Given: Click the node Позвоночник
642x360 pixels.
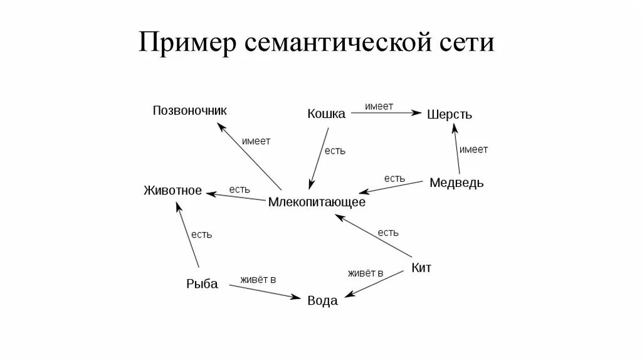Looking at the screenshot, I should [190, 111].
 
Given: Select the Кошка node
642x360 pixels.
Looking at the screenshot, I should [326, 114].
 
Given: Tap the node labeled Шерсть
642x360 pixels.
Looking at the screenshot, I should [450, 115].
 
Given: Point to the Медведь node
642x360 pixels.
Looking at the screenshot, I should [456, 183].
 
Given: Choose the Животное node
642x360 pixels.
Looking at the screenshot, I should [172, 190].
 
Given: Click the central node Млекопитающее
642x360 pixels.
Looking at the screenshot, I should [317, 203].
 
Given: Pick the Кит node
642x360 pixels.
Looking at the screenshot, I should [421, 268].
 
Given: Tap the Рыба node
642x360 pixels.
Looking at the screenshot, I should [202, 284].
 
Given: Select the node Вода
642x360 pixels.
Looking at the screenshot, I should [322, 301].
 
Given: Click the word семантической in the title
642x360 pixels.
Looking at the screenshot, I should [337, 45].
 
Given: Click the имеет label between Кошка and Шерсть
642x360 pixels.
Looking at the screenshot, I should [379, 107].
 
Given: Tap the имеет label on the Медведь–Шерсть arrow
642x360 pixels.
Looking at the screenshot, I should [473, 149].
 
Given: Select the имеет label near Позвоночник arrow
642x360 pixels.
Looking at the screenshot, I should [256, 141].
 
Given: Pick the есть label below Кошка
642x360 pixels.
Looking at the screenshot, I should [335, 151].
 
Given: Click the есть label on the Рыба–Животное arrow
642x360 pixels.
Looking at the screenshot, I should [201, 235].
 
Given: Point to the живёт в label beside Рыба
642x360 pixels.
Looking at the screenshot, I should [258, 279].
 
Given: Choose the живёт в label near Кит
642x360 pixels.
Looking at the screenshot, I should [366, 273].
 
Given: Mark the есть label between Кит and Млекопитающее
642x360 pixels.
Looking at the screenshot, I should [388, 233].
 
